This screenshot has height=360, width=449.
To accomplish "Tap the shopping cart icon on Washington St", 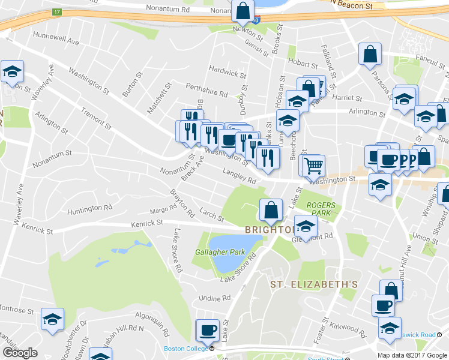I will pos(313,165).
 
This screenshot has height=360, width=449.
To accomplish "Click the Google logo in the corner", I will pos(20,353).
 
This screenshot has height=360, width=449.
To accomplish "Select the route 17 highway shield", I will pos(57,12).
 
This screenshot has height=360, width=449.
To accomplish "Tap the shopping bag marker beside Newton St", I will pos(243,11).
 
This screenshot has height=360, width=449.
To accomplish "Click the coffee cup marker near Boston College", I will pos(208,329).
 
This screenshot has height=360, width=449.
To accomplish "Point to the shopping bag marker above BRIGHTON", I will pos(271,209).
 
